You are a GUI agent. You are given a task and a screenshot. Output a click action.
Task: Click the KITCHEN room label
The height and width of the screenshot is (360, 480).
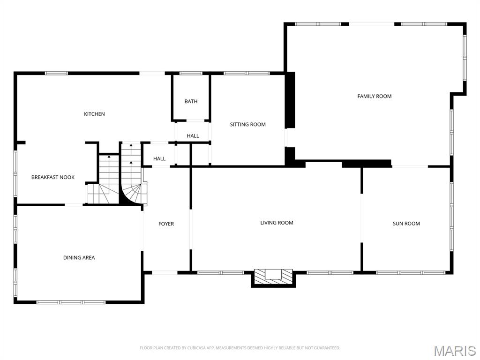coord(94,114)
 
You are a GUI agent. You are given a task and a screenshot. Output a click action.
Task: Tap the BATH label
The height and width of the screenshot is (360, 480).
coord(191,101)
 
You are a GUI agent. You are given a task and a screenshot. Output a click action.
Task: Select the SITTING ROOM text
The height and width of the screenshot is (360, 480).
coord(247,124)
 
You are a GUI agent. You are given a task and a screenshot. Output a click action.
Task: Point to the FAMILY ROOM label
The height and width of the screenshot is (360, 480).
coord(374,96)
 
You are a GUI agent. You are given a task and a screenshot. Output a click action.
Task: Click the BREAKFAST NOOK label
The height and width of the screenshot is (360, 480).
coord(53,177)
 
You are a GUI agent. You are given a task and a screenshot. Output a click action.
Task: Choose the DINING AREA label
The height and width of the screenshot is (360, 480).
coord(79,257)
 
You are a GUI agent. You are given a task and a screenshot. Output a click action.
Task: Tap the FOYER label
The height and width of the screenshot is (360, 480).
coord(166,224)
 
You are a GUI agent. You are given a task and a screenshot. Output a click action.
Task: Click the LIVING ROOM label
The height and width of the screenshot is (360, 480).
coord(277,223)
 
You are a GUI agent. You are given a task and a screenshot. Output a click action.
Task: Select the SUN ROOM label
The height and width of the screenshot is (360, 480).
coord(406,224)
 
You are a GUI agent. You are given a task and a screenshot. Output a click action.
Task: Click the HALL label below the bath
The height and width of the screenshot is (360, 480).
coord(193,136)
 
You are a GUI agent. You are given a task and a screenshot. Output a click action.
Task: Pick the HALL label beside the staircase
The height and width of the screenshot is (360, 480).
coord(159,158)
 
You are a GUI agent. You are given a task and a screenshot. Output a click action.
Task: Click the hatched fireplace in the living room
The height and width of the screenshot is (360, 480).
coord(273,276)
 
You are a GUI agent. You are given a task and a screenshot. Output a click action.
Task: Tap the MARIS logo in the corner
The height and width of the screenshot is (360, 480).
coord(454,351)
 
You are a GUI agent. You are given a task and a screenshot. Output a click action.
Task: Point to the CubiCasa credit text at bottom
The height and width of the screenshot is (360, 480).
coord(240,348)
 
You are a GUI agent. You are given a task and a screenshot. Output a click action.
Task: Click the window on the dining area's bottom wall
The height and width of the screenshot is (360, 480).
coord(71,302)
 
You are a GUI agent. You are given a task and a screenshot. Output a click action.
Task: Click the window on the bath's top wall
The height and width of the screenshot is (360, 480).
coord(191,73)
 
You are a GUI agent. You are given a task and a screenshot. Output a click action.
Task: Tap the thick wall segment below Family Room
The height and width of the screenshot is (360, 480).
coord(367,164)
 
